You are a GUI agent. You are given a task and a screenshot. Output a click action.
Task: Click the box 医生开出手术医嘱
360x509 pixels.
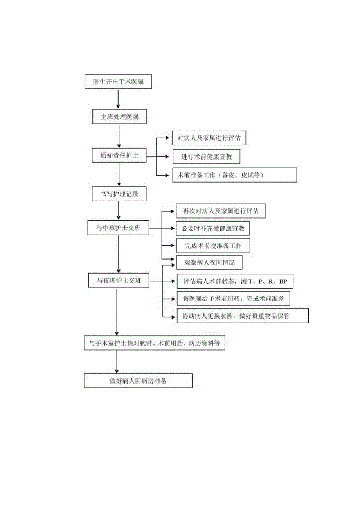(x=118, y=82)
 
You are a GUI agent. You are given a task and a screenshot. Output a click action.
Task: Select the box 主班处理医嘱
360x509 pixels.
(x=119, y=117)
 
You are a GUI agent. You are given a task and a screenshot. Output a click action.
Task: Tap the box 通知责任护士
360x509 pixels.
(x=119, y=155)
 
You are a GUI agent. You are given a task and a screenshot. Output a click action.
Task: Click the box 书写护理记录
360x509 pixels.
(x=119, y=194)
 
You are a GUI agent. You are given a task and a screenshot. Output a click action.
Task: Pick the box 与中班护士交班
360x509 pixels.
(x=118, y=228)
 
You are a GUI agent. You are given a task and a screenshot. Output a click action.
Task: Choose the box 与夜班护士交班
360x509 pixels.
(x=118, y=280)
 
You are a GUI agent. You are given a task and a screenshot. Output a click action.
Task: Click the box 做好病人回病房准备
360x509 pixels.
(x=138, y=381)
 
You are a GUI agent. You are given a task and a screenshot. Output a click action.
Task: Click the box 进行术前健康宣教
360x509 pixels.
(x=206, y=157)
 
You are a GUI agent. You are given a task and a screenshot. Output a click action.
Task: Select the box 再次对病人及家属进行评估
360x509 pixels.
(x=221, y=211)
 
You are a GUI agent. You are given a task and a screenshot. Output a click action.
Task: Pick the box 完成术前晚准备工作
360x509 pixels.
(x=213, y=246)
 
